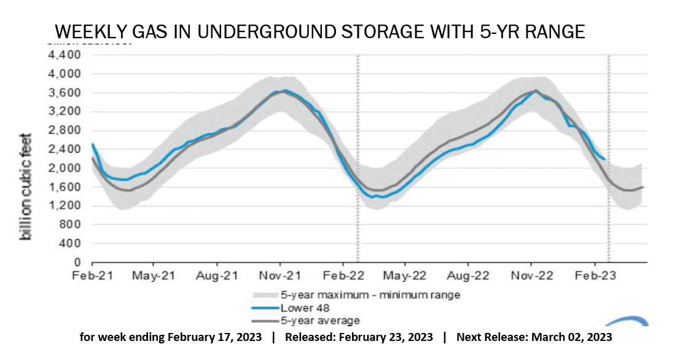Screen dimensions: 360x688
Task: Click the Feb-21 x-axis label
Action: (x=90, y=276)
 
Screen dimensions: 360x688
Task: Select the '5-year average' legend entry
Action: (x=320, y=321)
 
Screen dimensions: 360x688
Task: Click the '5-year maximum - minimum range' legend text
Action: (x=370, y=295)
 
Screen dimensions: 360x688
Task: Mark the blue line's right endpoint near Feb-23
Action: (x=604, y=159)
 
